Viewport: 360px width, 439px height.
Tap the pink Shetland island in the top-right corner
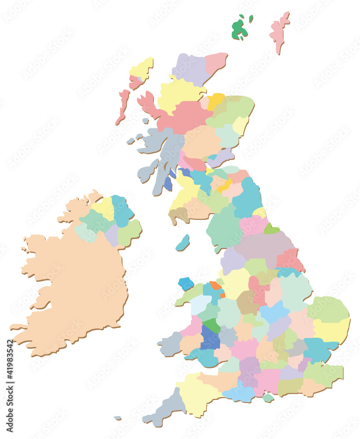[279, 31]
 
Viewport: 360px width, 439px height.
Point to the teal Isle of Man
[183, 243]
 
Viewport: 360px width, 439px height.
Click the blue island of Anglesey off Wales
[186, 284]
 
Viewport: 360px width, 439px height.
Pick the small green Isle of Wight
[268, 398]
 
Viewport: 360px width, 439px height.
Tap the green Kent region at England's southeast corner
[323, 373]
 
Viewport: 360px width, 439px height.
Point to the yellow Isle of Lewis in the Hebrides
[141, 68]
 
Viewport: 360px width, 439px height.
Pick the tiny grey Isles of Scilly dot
[118, 418]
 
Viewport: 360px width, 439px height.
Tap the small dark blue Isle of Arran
[168, 184]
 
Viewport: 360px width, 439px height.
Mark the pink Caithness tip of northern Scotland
[215, 61]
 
